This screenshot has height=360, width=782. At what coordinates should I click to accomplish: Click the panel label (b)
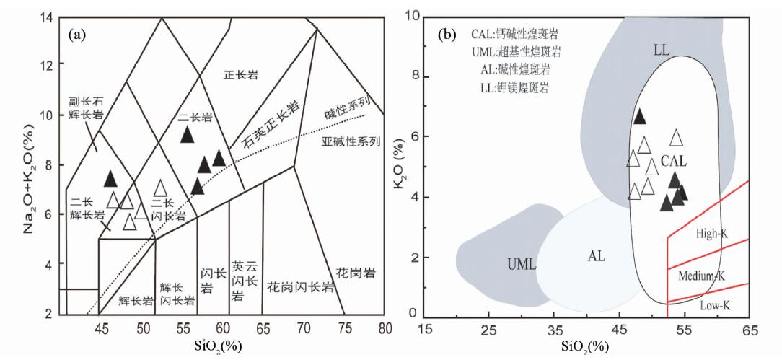tap(447, 33)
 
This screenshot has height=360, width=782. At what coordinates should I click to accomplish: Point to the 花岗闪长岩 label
tap(300, 287)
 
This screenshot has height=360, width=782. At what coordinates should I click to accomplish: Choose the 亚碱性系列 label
tap(350, 141)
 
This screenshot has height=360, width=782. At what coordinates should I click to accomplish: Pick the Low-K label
tap(716, 306)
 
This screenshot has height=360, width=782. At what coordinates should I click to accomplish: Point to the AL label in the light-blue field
tap(597, 256)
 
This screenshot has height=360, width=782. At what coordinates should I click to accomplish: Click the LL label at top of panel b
tap(662, 51)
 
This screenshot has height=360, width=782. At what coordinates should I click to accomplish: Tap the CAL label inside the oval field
tap(674, 159)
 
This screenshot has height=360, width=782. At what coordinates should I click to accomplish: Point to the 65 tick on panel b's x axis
tap(750, 330)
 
